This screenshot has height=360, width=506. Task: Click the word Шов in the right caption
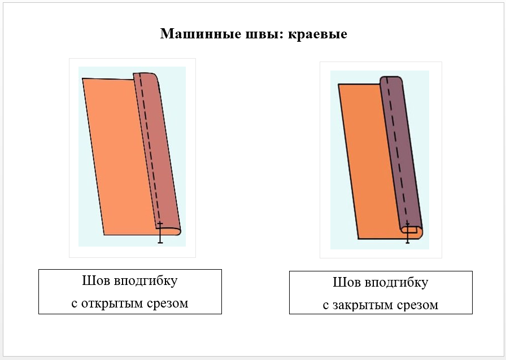click(345, 283)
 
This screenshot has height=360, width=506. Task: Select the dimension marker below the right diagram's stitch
click(408, 233)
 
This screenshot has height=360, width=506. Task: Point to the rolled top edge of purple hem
click(391, 79)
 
